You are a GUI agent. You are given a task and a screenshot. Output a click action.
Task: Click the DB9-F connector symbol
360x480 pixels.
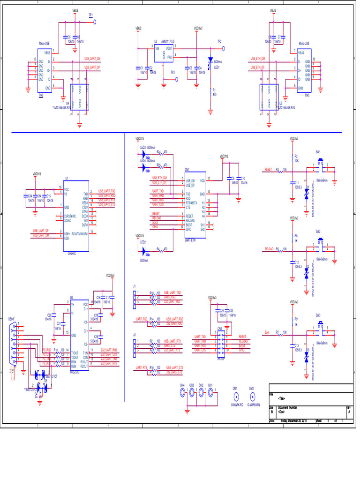coord(11,345)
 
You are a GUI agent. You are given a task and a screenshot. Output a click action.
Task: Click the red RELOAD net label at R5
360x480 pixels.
coord(269,249)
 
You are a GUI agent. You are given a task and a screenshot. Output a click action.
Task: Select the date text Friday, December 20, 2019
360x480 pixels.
coord(293,420)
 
